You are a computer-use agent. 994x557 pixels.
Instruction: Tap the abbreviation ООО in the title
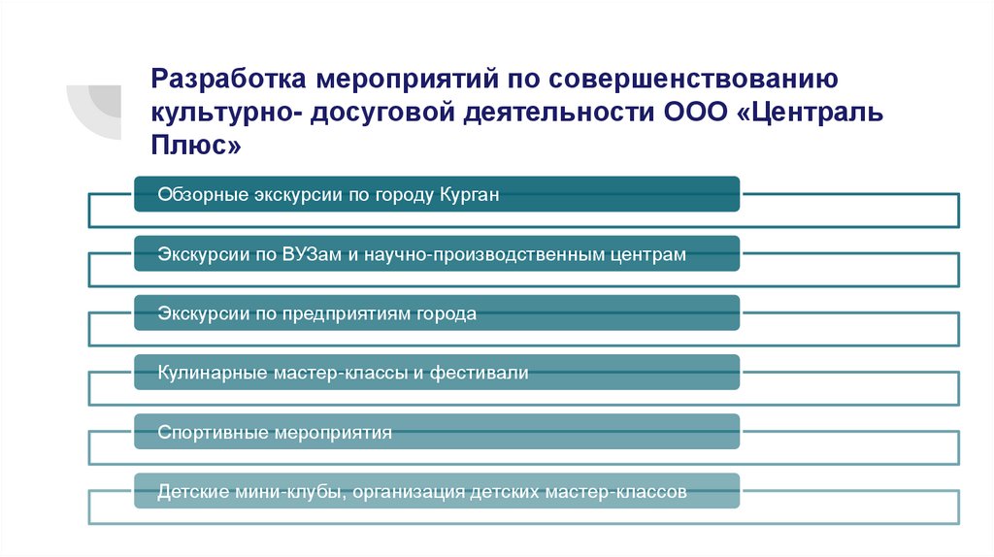(x=692, y=112)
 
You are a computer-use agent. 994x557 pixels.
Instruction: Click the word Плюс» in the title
(x=193, y=147)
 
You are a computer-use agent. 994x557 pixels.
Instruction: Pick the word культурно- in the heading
(x=225, y=112)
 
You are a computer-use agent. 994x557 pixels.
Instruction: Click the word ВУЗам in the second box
(x=312, y=254)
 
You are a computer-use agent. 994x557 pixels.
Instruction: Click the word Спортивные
(x=211, y=433)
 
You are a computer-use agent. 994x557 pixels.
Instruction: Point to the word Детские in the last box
(x=191, y=492)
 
